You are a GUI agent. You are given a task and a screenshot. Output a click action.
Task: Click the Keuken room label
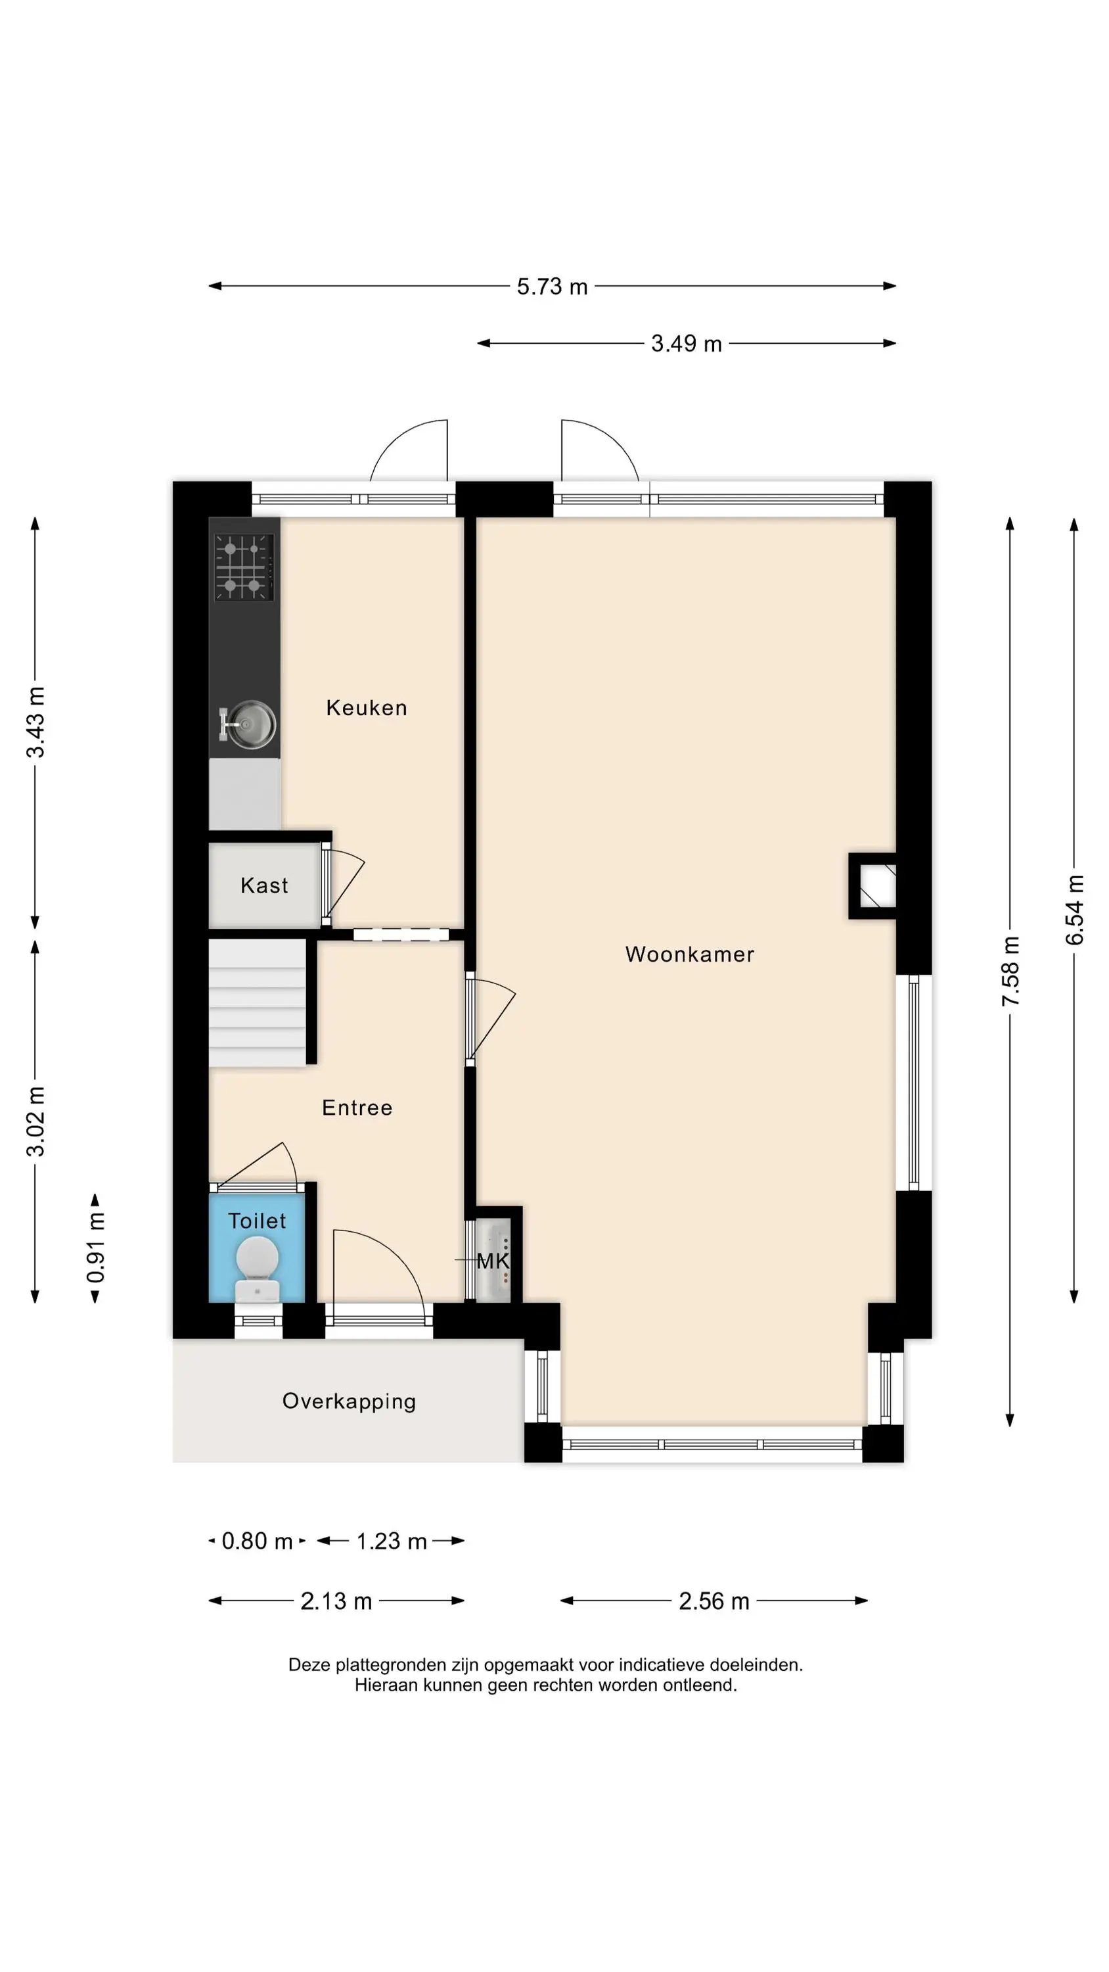coord(367,707)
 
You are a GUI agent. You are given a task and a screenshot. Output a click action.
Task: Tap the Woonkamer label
coord(690,954)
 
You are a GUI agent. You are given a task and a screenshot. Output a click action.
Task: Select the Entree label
coord(357,1108)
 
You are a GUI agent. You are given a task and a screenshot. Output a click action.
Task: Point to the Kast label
coord(264,885)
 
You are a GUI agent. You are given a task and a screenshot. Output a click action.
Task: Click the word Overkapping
coord(349,1401)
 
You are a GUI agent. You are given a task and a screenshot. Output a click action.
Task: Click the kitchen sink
coord(249,724)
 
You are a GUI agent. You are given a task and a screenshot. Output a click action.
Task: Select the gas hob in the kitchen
coord(244,567)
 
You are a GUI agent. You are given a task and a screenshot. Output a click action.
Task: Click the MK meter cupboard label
coord(493,1261)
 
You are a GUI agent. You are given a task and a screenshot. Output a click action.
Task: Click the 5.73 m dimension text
coord(552,287)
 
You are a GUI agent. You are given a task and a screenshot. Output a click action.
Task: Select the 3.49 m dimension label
coord(687,344)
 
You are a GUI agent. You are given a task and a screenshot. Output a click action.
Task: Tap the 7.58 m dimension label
coord(1010,971)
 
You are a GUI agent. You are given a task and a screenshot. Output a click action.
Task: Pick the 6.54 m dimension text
coord(1075,910)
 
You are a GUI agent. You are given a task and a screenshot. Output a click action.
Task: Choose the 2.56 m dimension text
coord(714,1601)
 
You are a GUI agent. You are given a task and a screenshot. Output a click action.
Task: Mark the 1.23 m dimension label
coord(391,1541)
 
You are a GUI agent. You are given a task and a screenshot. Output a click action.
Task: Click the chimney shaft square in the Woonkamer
coord(872,885)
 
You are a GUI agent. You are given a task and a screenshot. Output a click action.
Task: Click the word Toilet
coord(257,1221)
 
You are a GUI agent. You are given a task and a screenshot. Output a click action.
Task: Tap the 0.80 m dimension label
coord(257,1541)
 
